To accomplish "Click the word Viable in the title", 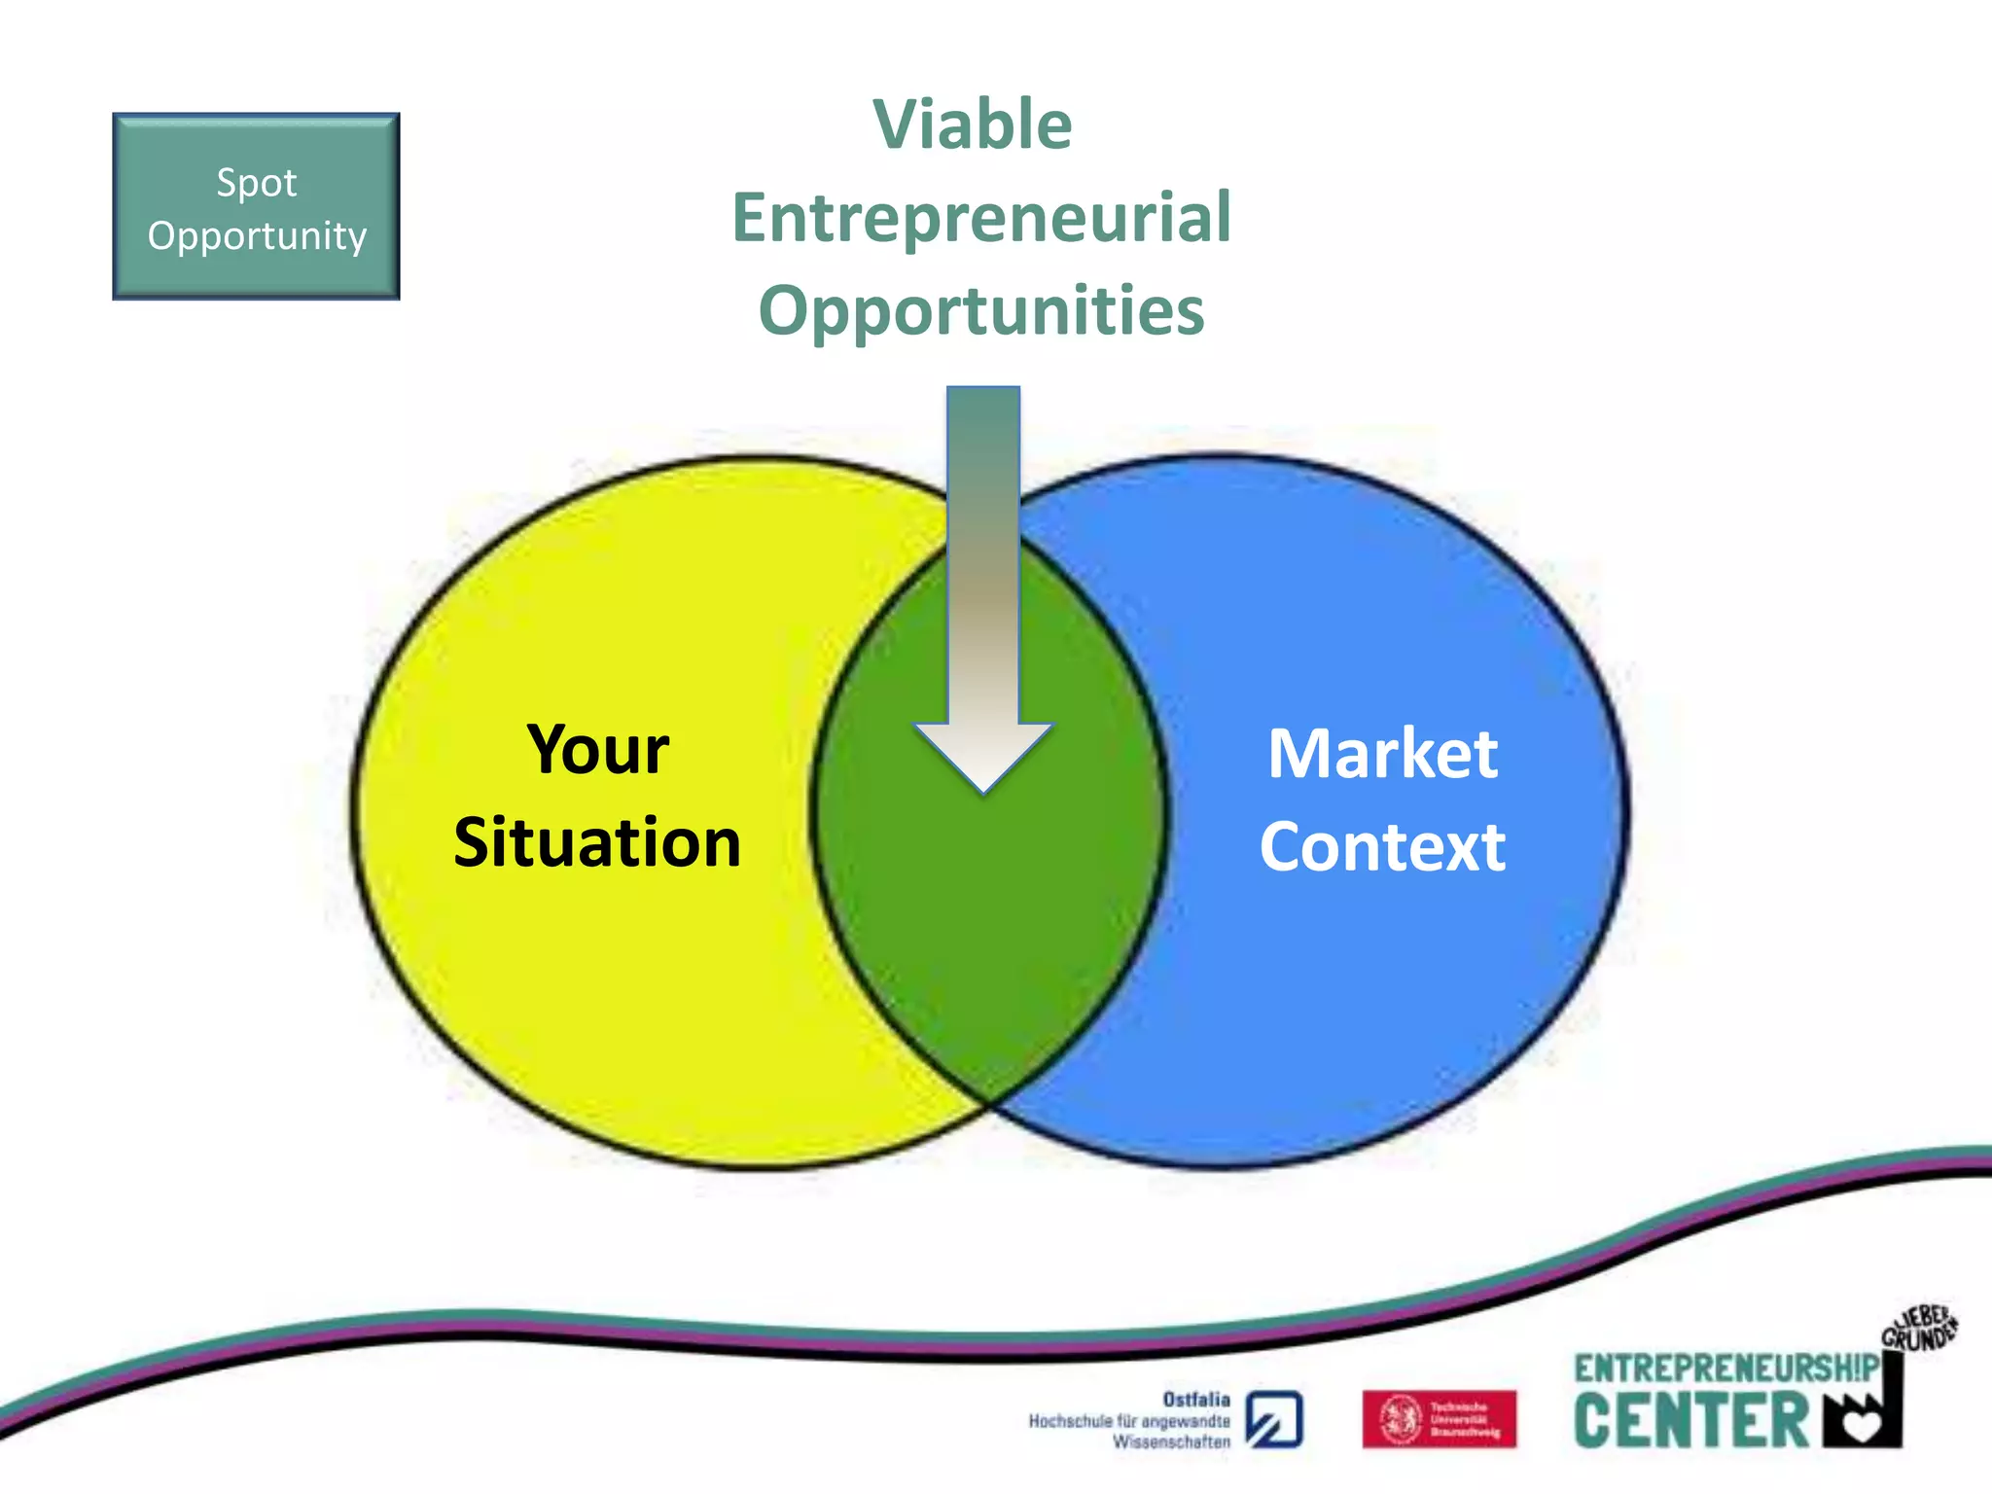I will tap(973, 125).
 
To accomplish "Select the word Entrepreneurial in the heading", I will tap(981, 218).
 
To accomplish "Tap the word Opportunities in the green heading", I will tap(981, 310).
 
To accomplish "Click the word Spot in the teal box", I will tap(256, 183).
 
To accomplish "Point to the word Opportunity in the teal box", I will tap(257, 236).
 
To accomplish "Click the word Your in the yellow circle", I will tap(597, 750).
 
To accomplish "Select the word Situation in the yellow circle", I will tap(597, 842).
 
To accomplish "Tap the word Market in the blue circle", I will tap(1382, 754).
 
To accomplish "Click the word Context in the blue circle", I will tap(1382, 847).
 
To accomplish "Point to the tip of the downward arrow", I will tap(983, 792).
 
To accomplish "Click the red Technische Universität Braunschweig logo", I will tap(1439, 1419).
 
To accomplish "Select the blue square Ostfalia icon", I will tap(1274, 1420).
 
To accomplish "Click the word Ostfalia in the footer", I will tap(1195, 1399).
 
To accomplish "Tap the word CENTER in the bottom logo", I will tap(1690, 1421).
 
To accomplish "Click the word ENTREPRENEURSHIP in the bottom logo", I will tap(1725, 1369).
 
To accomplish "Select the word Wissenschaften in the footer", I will tap(1171, 1442).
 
